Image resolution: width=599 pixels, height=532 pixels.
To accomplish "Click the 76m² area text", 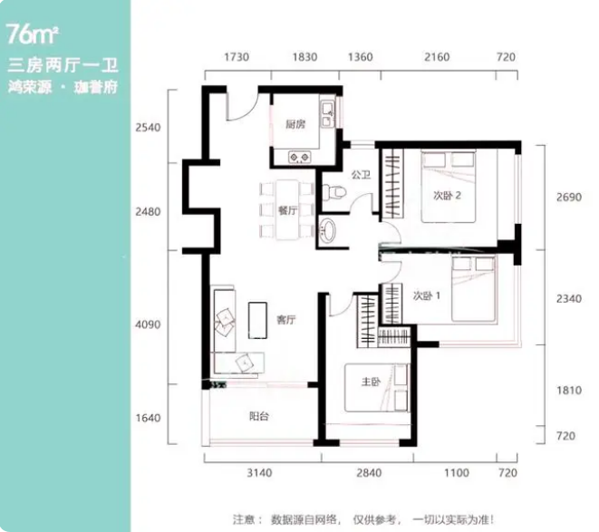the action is (33, 34).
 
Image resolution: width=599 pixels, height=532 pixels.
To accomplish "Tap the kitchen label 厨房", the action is (295, 124).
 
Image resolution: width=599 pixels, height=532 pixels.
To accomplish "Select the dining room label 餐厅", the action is (287, 210).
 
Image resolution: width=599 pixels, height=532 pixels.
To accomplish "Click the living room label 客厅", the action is (286, 320).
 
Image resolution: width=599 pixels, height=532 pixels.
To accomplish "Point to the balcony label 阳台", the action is (258, 416).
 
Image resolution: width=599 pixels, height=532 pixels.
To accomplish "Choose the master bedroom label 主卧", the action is (371, 382).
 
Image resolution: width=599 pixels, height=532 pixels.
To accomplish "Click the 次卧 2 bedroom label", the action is (447, 196).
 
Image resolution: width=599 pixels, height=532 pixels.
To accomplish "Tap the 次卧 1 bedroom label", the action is (426, 295).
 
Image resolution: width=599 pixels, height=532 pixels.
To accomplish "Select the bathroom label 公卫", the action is (361, 175).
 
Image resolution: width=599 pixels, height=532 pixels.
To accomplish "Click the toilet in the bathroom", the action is (333, 192).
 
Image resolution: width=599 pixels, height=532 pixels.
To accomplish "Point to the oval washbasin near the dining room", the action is (327, 229).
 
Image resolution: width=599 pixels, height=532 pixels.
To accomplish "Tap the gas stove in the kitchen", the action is (299, 157).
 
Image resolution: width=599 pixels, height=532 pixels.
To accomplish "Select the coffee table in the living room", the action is (257, 320).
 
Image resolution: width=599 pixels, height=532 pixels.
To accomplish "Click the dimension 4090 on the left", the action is (148, 324).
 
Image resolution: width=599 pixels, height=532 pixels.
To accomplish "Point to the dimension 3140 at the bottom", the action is (259, 473).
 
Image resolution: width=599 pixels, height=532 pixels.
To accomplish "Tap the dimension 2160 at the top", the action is (437, 57).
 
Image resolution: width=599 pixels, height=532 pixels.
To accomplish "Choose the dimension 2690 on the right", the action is (569, 198).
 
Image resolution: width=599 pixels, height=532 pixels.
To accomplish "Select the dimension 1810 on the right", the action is (569, 391).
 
